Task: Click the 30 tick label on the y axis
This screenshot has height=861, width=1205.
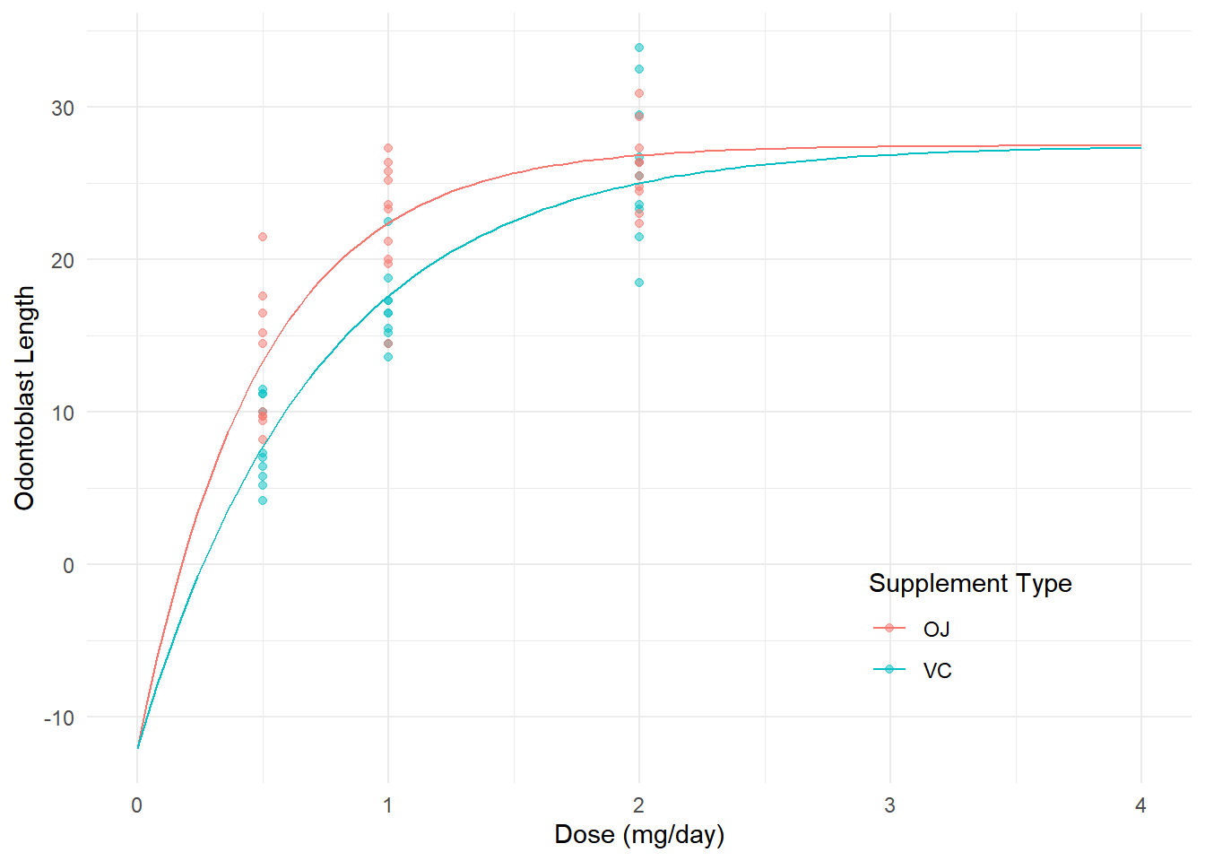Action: [63, 108]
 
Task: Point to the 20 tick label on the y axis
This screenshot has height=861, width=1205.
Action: [63, 260]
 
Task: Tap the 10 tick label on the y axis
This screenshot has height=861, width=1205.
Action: [63, 413]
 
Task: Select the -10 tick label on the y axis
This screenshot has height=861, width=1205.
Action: [59, 717]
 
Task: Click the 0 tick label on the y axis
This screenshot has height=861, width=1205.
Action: [68, 565]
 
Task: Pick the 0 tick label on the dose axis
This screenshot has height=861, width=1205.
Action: [136, 805]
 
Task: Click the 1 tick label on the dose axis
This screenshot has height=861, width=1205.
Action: [387, 805]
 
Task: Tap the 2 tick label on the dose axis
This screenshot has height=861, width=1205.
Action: [638, 805]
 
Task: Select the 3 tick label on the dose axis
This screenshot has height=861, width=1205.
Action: [889, 805]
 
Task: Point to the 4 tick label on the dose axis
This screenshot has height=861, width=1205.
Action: [1140, 805]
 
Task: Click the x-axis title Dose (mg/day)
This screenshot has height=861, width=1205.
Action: [639, 834]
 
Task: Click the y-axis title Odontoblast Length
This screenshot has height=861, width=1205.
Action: [24, 398]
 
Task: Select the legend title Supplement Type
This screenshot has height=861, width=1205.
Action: [970, 583]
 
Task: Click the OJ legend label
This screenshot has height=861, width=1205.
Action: [936, 629]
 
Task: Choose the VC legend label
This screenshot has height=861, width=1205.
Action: [937, 670]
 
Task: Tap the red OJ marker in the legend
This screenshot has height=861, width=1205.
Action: [889, 628]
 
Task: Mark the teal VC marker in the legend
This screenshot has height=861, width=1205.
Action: [889, 669]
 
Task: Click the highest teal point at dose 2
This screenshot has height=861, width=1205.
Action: [639, 48]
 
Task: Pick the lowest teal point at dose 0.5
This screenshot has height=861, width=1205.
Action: [263, 500]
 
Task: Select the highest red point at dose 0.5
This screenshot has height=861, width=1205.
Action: [263, 237]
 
